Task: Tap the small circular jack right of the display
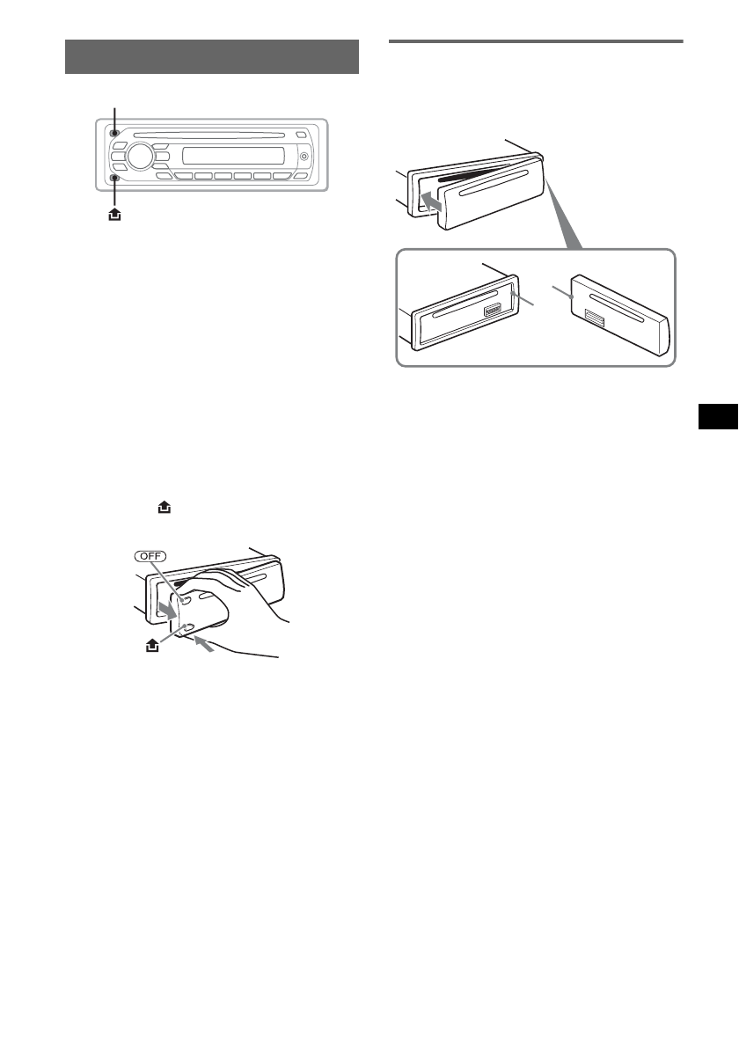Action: click(x=304, y=157)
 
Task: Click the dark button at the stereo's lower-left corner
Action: click(x=115, y=179)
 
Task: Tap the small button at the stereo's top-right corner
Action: click(x=301, y=134)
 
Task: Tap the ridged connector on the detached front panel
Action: click(x=594, y=320)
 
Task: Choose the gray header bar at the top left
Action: click(x=211, y=57)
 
